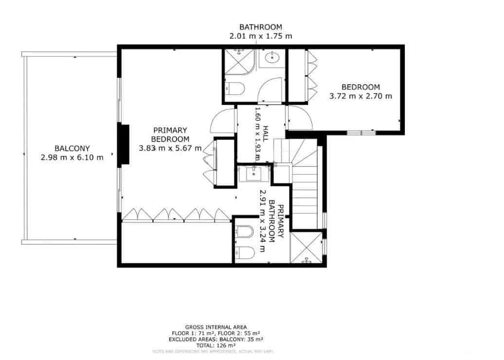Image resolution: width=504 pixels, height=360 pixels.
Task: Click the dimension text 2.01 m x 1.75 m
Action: [260, 36]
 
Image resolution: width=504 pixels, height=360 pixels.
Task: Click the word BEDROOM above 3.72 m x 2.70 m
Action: [360, 87]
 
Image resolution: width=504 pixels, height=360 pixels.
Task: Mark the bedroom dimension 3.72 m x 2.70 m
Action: [360, 96]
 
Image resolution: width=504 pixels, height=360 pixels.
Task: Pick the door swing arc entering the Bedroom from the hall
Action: [298, 118]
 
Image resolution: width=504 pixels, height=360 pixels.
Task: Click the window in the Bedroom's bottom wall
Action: [361, 132]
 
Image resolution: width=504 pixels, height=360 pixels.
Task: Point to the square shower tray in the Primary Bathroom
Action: [306, 248]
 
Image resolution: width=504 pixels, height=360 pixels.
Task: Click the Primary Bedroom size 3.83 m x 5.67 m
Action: [170, 148]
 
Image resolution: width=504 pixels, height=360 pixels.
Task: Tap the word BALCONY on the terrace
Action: [72, 148]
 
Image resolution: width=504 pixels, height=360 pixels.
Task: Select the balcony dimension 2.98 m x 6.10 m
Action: [72, 157]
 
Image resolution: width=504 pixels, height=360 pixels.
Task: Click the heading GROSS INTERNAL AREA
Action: [216, 327]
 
